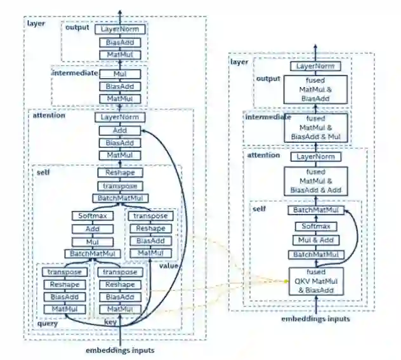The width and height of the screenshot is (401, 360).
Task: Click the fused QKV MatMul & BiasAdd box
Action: click(315, 280)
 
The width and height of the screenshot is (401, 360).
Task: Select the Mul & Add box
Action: click(315, 240)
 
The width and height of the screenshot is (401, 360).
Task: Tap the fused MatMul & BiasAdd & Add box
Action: click(315, 180)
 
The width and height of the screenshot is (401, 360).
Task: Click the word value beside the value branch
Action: click(169, 265)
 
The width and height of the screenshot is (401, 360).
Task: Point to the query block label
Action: click(48, 323)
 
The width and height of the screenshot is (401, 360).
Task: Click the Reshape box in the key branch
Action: click(120, 284)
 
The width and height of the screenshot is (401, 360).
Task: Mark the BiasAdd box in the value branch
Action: click(150, 241)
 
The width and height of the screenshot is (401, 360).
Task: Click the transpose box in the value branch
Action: click(150, 216)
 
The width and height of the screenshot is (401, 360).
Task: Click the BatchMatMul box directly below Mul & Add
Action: click(315, 255)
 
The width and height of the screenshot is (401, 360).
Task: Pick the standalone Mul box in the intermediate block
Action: click(120, 74)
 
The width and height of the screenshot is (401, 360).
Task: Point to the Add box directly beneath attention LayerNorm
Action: click(120, 130)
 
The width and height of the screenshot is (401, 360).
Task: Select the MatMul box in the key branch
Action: click(120, 309)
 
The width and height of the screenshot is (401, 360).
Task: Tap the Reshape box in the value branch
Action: click(150, 229)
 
